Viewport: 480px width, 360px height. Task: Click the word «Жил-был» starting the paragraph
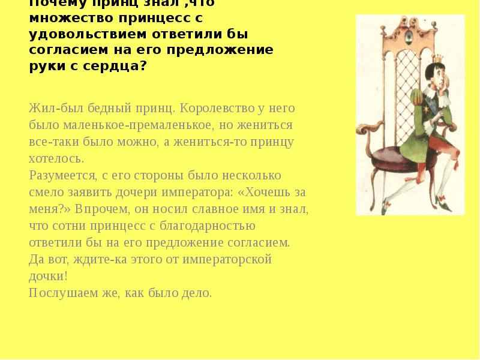click(50, 110)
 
